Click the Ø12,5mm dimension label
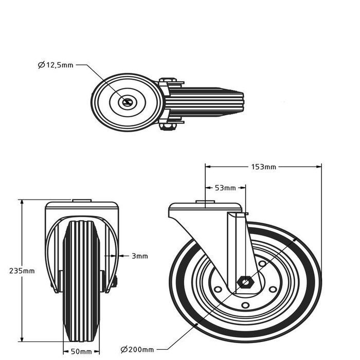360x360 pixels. (x=56, y=65)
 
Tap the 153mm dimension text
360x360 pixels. (x=264, y=166)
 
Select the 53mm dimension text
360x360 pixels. (x=225, y=187)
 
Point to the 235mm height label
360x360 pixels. (x=11, y=271)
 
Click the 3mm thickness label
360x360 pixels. (x=139, y=256)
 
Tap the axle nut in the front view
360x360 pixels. (x=114, y=282)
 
